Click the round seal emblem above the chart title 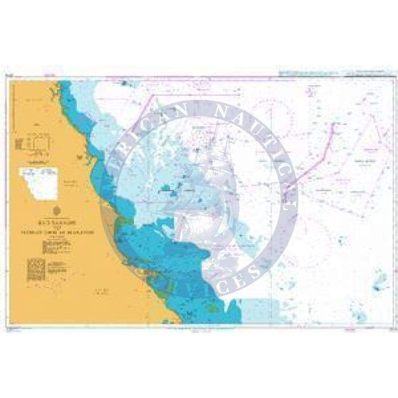(57, 210)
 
